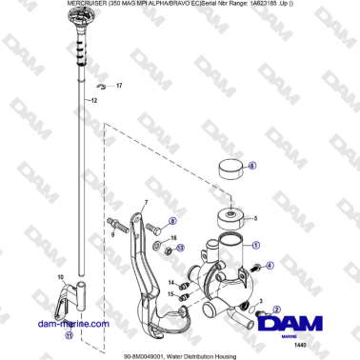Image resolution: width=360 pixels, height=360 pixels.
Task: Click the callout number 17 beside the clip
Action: pyautogui.click(x=119, y=86)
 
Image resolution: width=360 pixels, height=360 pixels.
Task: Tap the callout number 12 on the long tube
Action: pyautogui.click(x=93, y=99)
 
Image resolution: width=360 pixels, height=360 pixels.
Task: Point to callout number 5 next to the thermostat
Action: pyautogui.click(x=253, y=217)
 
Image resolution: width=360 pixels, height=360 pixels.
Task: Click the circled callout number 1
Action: pyautogui.click(x=255, y=244)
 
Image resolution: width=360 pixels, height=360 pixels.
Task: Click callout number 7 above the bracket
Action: pyautogui.click(x=145, y=203)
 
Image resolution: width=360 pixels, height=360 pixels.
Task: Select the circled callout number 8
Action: pyautogui.click(x=172, y=220)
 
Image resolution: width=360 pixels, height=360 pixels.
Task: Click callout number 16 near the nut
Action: pyautogui.click(x=172, y=239)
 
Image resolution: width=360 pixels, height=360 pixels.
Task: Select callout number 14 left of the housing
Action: pyautogui.click(x=172, y=283)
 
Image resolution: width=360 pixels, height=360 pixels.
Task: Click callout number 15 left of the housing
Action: pyautogui.click(x=172, y=295)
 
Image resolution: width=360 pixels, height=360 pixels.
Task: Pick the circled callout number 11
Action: pyautogui.click(x=68, y=335)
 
